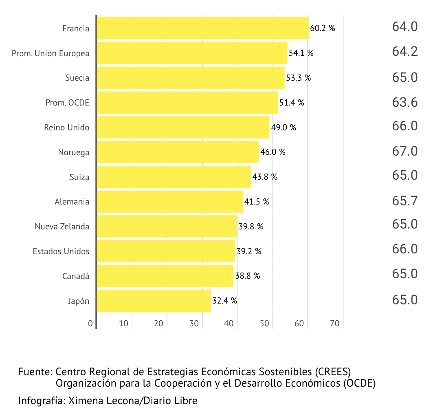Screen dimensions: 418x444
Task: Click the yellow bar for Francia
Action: pyautogui.click(x=202, y=29)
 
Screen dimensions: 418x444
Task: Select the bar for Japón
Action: pyautogui.click(x=154, y=301)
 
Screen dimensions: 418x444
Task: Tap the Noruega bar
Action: pyautogui.click(x=178, y=152)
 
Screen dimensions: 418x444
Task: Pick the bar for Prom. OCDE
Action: pyautogui.click(x=187, y=103)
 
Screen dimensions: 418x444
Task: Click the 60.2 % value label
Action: pyautogui.click(x=322, y=29)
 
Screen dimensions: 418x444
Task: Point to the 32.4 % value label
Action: pyautogui.click(x=224, y=301)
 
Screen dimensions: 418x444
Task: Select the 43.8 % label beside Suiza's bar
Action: pyautogui.click(x=265, y=177)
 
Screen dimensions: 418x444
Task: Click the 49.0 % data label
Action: pyautogui.click(x=284, y=128)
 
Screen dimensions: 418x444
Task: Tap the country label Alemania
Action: pyautogui.click(x=72, y=202)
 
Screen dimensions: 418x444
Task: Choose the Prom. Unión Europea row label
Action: pyautogui.click(x=51, y=53)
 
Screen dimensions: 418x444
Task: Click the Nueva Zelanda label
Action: pyautogui.click(x=62, y=227)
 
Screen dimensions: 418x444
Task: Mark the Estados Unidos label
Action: pyautogui.click(x=61, y=251)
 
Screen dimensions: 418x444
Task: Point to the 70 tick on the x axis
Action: pyautogui.click(x=335, y=324)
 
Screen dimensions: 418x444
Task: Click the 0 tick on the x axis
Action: pyautogui.click(x=90, y=324)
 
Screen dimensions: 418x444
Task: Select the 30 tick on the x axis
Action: pyautogui.click(x=194, y=324)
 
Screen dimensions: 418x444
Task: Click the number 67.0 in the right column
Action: pyautogui.click(x=405, y=152)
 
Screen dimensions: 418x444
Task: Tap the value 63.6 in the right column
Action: pyautogui.click(x=405, y=102)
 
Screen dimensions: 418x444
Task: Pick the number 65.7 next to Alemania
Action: pyautogui.click(x=405, y=201)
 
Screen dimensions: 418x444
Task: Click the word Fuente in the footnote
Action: pyautogui.click(x=34, y=372)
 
